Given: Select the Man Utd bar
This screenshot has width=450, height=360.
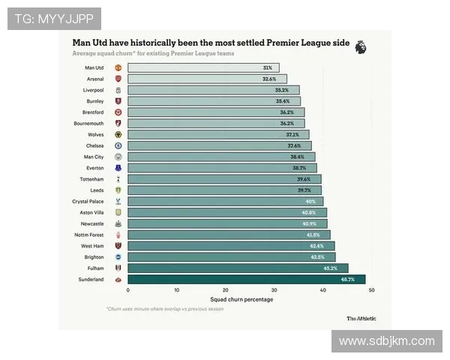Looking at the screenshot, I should click(202, 67).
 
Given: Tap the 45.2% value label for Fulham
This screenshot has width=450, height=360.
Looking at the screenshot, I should click(330, 268).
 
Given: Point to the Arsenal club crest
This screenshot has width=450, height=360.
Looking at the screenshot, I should click(118, 79).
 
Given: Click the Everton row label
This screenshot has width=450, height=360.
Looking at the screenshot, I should click(94, 168).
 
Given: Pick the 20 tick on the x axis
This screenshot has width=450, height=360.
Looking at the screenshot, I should click(225, 290).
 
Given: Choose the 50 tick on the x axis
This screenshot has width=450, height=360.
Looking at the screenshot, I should click(371, 290).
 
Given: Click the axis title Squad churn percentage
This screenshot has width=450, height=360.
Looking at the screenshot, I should click(241, 299).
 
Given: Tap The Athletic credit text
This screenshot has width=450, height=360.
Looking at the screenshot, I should click(362, 318).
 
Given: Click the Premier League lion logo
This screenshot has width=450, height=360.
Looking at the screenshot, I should click(360, 46).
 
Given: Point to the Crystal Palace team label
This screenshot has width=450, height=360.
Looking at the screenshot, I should click(88, 202).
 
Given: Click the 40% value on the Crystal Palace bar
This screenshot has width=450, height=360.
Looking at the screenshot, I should click(310, 202).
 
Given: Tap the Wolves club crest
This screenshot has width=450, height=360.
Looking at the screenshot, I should click(118, 134).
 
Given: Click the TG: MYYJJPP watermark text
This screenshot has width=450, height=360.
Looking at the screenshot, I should click(53, 18).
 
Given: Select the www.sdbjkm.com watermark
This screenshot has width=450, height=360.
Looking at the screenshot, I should click(386, 341).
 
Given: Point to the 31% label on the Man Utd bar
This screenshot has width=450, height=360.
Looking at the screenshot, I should click(268, 67).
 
